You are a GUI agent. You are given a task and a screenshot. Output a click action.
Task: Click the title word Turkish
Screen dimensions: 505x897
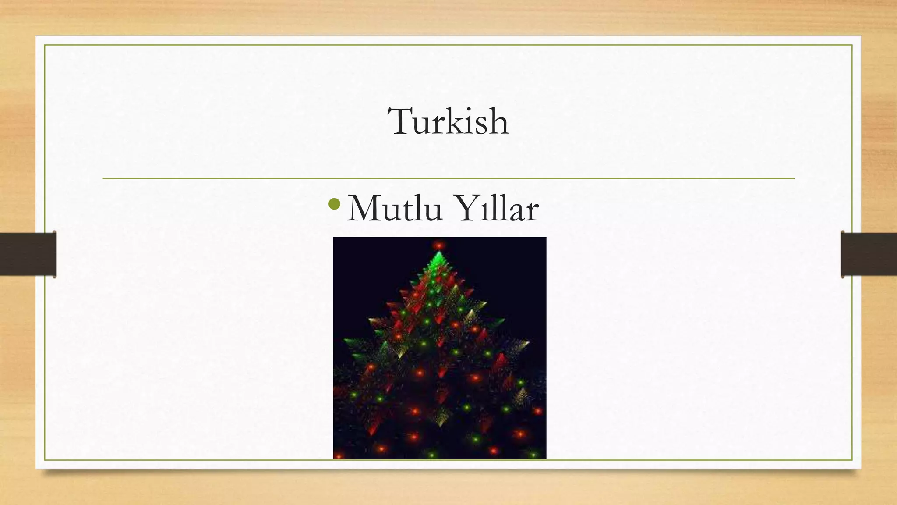(448, 121)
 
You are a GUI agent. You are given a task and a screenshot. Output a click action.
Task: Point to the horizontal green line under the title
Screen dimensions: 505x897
(448, 178)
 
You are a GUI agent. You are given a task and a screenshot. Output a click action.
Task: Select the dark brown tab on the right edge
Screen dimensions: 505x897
(869, 254)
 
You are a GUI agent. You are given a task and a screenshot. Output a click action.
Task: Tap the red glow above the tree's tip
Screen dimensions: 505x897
(438, 245)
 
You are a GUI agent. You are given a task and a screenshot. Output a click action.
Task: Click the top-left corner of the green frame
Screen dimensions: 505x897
(45, 45)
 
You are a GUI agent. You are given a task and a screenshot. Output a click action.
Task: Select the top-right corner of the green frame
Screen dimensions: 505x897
(852, 45)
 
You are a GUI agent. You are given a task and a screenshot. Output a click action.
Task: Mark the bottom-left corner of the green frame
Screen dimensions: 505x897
(45, 460)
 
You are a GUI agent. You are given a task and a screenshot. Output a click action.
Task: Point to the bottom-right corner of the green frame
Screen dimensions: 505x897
(852, 460)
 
